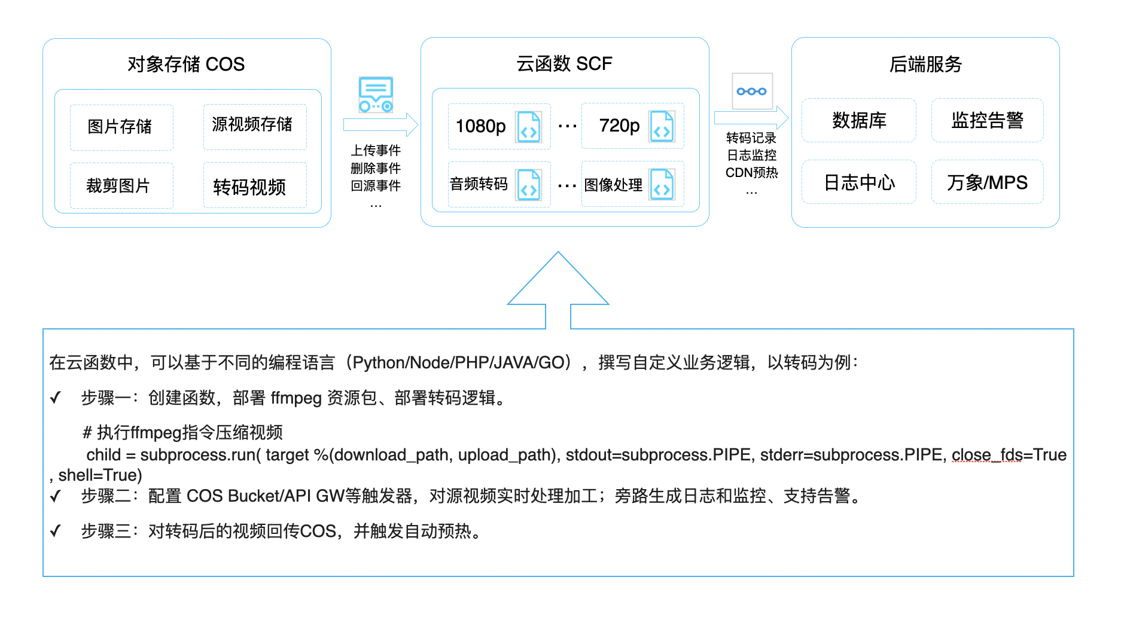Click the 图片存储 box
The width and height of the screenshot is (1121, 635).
pyautogui.click(x=121, y=127)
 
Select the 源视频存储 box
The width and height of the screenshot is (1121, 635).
pyautogui.click(x=255, y=127)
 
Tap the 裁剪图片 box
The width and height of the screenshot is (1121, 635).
pyautogui.click(x=121, y=185)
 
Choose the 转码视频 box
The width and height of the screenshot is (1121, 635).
pyautogui.click(x=255, y=185)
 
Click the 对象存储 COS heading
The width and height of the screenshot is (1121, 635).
pyautogui.click(x=186, y=64)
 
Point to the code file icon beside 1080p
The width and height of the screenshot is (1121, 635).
pyautogui.click(x=529, y=127)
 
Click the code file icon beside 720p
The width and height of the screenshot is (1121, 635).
pyautogui.click(x=662, y=126)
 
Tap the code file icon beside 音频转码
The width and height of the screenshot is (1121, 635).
pyautogui.click(x=529, y=184)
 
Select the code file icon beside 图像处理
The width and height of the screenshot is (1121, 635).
pyautogui.click(x=662, y=184)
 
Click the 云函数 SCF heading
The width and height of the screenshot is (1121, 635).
pyautogui.click(x=564, y=63)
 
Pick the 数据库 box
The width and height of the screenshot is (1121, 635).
pyautogui.click(x=859, y=120)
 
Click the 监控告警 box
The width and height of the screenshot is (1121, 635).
pyautogui.click(x=988, y=120)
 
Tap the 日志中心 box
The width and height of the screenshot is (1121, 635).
pyautogui.click(x=859, y=182)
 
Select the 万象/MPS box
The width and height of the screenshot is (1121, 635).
pyautogui.click(x=988, y=182)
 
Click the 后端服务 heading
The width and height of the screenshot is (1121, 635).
pyautogui.click(x=925, y=64)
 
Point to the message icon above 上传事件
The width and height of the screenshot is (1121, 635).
pyautogui.click(x=376, y=94)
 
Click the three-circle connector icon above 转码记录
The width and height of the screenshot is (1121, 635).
pyautogui.click(x=752, y=91)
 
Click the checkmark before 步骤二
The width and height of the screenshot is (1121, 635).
pyautogui.click(x=56, y=496)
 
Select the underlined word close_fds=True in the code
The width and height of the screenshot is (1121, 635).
pyautogui.click(x=1009, y=455)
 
